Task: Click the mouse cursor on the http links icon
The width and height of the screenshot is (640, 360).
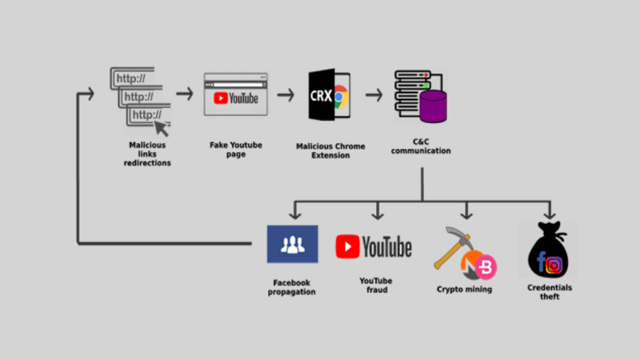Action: [163, 128]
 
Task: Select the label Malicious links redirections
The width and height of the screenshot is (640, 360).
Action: [147, 154]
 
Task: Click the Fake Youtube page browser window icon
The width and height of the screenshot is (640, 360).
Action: [236, 94]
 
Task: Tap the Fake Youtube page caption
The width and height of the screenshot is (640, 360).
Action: [236, 149]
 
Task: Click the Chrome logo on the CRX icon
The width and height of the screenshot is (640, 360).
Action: [340, 95]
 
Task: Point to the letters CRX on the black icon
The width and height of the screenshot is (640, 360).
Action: [321, 95]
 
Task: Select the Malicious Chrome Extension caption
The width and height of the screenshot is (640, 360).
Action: [331, 151]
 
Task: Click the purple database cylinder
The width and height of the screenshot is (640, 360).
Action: [433, 107]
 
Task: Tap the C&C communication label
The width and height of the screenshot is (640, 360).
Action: [421, 147]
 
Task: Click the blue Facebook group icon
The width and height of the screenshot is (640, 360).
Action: [292, 244]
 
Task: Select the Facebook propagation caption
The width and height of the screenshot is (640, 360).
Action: [292, 287]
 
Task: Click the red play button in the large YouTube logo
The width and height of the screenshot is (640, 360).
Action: [348, 247]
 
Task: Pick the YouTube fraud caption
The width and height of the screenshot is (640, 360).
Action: [375, 285]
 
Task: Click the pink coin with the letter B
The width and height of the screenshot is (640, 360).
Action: [486, 267]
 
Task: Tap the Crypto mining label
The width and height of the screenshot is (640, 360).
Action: [464, 290]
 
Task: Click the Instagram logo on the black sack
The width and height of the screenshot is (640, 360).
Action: [555, 265]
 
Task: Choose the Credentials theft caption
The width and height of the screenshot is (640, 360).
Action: [550, 292]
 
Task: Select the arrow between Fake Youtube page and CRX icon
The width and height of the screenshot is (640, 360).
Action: [286, 95]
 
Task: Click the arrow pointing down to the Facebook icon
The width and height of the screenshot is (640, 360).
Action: [296, 211]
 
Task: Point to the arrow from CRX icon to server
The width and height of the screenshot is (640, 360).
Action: [374, 95]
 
